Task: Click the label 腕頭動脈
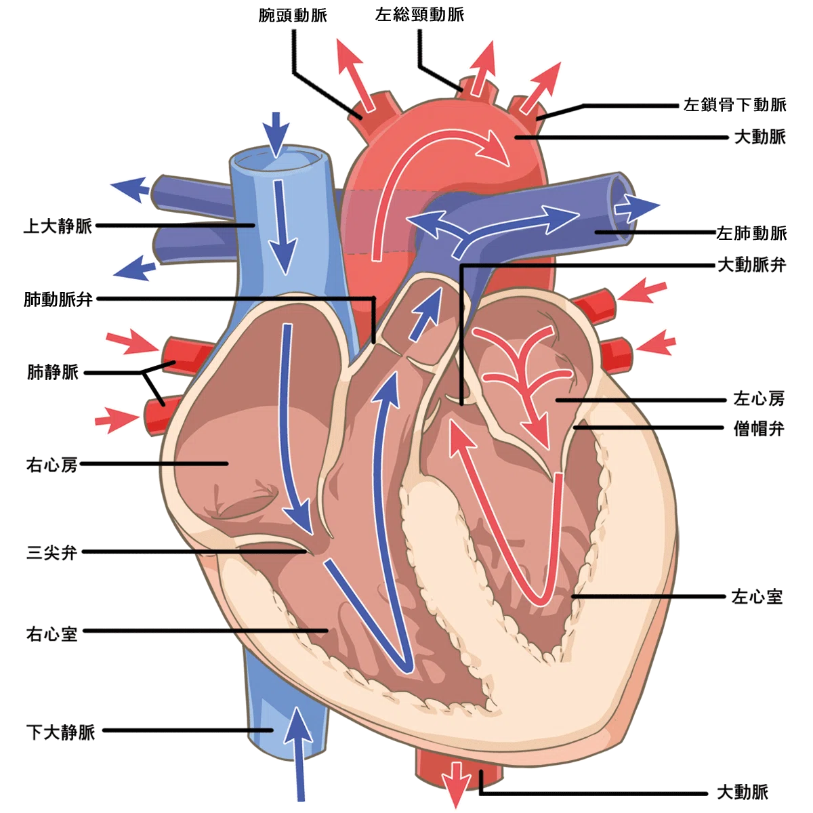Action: click(293, 16)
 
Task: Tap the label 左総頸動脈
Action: click(419, 15)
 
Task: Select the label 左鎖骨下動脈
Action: click(734, 104)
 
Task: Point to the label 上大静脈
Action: click(58, 226)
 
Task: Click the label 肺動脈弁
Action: click(58, 299)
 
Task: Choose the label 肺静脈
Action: click(53, 372)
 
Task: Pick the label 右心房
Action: click(52, 465)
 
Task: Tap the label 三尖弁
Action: click(52, 552)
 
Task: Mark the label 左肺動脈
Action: click(751, 233)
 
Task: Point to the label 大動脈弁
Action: click(752, 265)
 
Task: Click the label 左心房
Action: click(759, 398)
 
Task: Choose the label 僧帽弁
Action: click(759, 429)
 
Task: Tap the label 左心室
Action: click(757, 597)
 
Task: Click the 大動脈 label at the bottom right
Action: click(743, 792)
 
